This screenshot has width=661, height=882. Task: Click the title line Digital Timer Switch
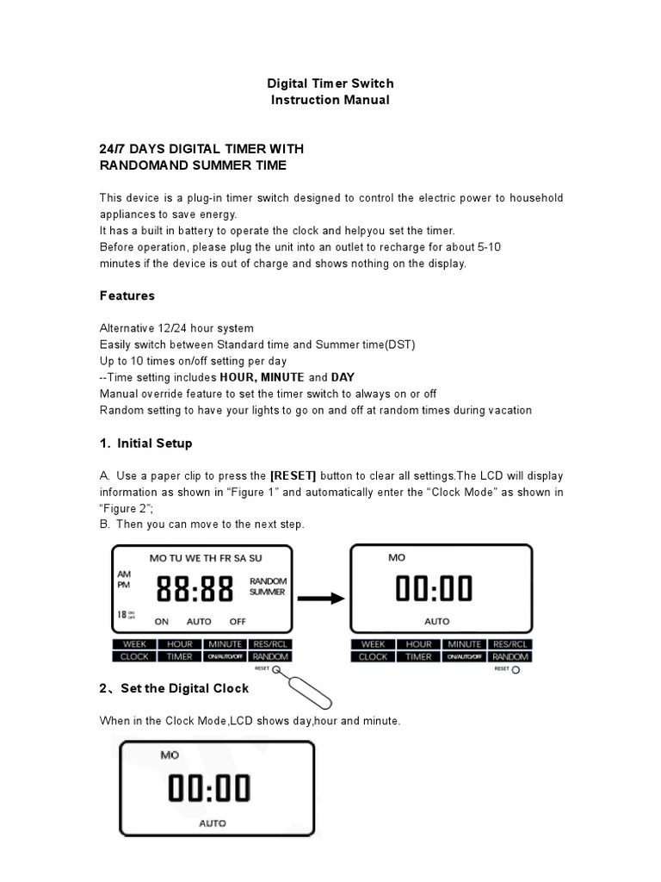[330, 84]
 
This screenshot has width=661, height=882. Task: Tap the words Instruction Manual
[330, 100]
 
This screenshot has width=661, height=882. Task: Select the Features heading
[127, 295]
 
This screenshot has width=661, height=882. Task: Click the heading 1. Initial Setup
[146, 444]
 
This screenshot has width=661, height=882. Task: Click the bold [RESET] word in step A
[293, 476]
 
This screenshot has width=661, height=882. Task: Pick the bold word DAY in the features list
[343, 378]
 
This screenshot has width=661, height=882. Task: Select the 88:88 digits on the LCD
[195, 590]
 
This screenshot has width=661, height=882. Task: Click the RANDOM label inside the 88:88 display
[268, 581]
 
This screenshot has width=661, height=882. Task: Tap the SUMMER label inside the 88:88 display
[268, 593]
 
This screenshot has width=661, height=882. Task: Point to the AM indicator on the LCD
[123, 574]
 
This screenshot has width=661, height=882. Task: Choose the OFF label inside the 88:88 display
[238, 621]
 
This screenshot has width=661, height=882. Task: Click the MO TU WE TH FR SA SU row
[206, 558]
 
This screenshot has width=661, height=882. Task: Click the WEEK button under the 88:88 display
[134, 644]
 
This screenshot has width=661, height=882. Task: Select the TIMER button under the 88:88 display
[179, 656]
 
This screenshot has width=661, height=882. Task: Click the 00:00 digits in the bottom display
[208, 788]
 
